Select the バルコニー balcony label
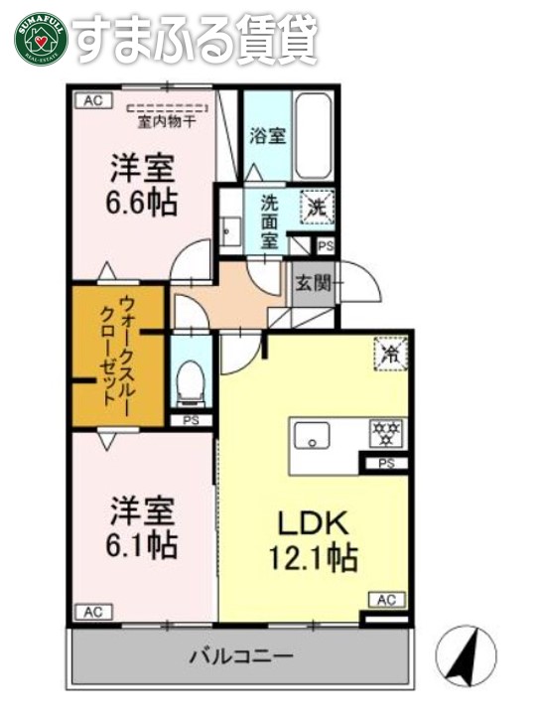241,656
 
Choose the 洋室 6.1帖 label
142,528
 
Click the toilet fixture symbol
190,381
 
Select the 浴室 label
267,135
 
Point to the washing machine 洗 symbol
317,208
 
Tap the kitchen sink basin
316,434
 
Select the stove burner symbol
383,433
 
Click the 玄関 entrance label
310,284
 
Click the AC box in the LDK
386,600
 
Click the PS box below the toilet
190,420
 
